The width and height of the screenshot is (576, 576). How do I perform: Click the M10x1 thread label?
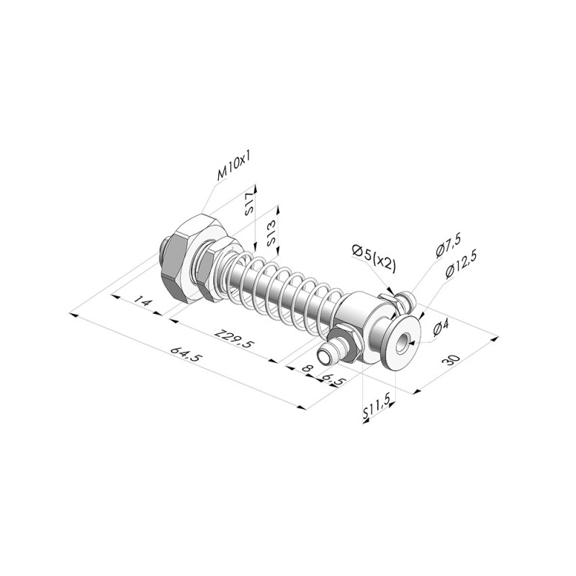point(235,168)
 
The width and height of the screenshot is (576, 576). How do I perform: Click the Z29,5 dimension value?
point(235,338)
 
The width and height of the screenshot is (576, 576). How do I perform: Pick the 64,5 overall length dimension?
point(186,354)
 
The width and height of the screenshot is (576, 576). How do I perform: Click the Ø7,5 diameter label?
point(448,245)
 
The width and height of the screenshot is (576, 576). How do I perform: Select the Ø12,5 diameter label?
point(461,265)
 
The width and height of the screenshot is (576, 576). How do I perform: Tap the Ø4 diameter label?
point(441,328)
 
